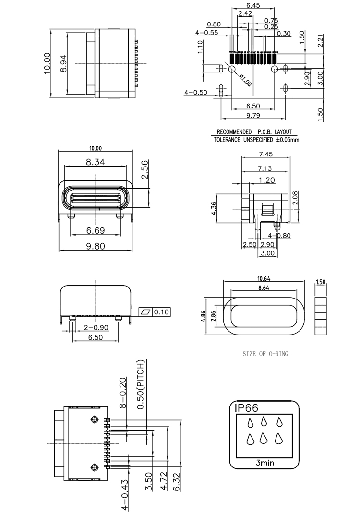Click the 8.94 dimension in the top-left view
tap(63, 64)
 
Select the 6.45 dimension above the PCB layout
tap(253, 5)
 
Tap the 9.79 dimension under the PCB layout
tap(253, 115)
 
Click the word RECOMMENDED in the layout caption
tap(234, 132)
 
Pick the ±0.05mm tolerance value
tap(288, 139)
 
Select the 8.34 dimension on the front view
tap(96, 162)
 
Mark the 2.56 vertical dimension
tap(144, 170)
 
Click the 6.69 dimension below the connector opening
tap(96, 230)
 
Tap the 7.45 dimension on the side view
tap(266, 154)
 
